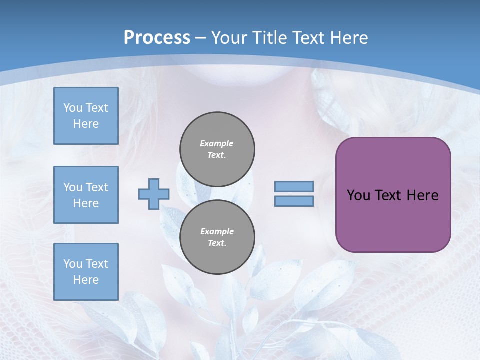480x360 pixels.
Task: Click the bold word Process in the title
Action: (157, 38)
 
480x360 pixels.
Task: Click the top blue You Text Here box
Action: (86, 116)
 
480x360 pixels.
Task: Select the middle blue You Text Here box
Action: (86, 195)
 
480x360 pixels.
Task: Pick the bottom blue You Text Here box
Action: (86, 272)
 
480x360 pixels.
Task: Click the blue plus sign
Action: (154, 194)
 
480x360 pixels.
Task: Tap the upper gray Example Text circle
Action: (217, 149)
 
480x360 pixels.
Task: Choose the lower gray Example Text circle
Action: (217, 237)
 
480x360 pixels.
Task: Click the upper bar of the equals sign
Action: (294, 187)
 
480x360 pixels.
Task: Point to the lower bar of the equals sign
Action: (294, 201)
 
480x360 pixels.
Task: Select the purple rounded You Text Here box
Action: (393, 195)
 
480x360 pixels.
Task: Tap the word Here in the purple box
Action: (422, 195)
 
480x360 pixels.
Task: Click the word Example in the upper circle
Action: (217, 143)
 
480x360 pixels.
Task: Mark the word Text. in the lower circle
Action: (217, 243)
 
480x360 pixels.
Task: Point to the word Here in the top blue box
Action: (86, 124)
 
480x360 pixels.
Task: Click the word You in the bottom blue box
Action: (72, 264)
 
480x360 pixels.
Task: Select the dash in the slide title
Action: (201, 38)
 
